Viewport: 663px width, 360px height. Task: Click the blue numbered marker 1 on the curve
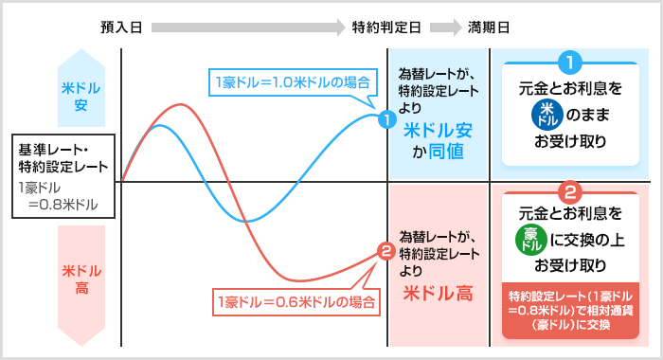(x=385, y=120)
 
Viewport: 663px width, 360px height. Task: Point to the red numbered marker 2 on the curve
(x=385, y=252)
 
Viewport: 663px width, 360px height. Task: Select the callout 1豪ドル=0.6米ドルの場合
(x=296, y=303)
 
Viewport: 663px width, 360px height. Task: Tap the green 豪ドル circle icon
(x=530, y=239)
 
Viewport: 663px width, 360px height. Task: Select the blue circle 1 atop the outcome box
(x=570, y=63)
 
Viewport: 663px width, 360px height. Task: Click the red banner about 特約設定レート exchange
(x=570, y=307)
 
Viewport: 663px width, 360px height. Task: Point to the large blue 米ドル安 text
(x=439, y=129)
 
